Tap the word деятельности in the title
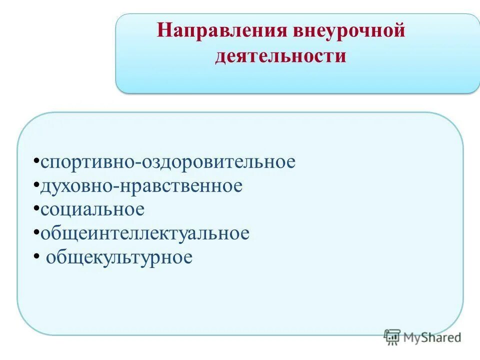(x=280, y=56)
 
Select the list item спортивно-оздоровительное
(x=168, y=162)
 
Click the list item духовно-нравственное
(x=141, y=186)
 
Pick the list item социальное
(x=92, y=210)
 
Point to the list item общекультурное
(x=119, y=258)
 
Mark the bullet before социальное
(x=37, y=209)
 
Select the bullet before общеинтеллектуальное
(x=37, y=233)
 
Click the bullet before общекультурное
(x=37, y=257)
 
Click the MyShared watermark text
(x=432, y=337)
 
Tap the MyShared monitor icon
(x=392, y=337)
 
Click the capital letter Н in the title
(x=164, y=32)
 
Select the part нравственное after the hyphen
(x=180, y=186)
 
